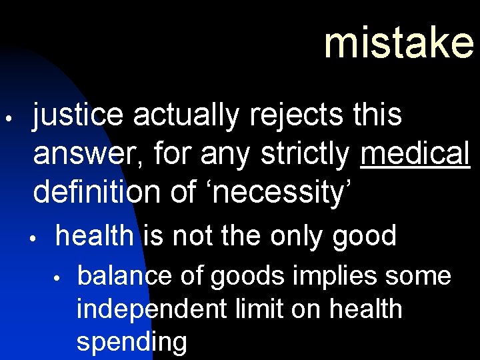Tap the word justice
coord(78,116)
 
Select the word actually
coord(185,116)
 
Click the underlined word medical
coord(415,154)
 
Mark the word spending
coord(131,342)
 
